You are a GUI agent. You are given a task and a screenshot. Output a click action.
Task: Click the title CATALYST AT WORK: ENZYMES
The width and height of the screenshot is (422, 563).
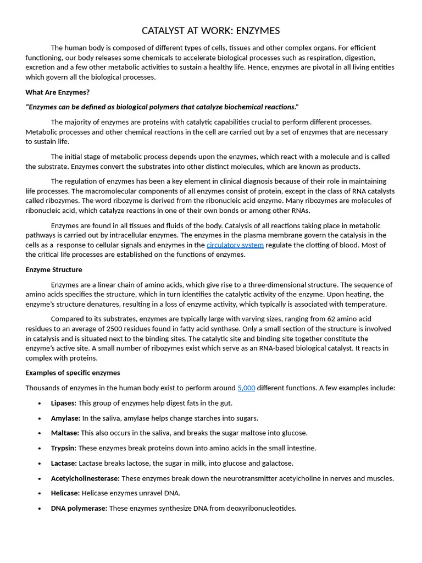(x=211, y=31)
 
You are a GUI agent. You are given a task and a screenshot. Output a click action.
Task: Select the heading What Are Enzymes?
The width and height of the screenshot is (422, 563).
(x=57, y=92)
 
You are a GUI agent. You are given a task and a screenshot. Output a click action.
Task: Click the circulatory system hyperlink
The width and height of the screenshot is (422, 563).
(x=235, y=245)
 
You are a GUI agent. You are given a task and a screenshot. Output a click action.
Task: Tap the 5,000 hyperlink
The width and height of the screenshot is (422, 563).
(x=246, y=388)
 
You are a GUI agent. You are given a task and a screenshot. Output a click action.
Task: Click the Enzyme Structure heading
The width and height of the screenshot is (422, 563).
(x=54, y=269)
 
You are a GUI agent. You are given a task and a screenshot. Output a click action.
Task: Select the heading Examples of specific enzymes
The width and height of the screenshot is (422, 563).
(x=73, y=372)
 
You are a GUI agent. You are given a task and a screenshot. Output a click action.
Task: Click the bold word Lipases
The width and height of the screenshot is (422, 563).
(x=63, y=403)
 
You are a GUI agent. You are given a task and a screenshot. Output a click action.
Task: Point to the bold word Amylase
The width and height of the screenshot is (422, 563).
(x=65, y=418)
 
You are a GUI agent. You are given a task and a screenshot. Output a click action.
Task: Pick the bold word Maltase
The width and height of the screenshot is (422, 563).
(x=65, y=433)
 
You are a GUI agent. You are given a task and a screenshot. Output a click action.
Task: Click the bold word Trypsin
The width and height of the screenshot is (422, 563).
(x=63, y=448)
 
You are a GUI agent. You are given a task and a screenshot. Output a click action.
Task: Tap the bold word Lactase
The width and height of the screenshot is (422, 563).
(x=64, y=463)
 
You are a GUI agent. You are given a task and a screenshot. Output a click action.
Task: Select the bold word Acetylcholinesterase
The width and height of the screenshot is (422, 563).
(x=85, y=478)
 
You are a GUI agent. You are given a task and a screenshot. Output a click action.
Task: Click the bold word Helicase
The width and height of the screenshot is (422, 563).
(x=65, y=493)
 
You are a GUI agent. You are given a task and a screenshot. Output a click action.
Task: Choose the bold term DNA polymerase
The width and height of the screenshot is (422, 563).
(x=79, y=508)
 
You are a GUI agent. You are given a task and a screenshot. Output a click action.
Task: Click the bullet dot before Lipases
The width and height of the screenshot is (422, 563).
(x=40, y=404)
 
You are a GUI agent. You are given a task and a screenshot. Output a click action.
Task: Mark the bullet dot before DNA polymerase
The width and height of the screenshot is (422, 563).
(x=40, y=509)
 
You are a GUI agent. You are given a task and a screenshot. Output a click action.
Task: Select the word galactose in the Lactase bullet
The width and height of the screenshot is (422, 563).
(x=277, y=463)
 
